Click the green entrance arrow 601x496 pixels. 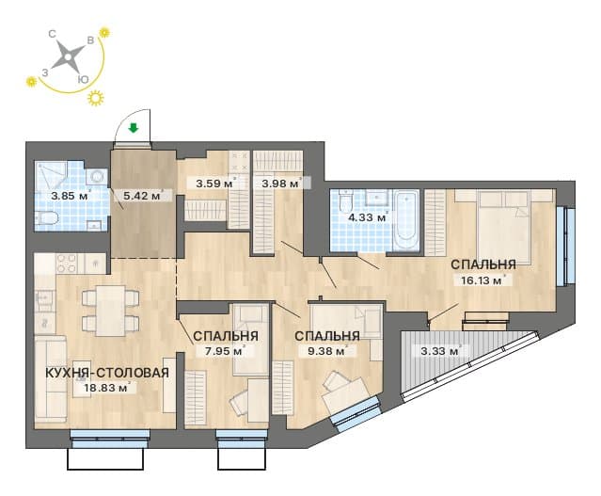133,128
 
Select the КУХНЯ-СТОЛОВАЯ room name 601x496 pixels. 107,373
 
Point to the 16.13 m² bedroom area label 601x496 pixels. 482,280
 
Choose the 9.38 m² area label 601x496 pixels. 326,351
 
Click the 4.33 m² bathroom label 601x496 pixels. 367,217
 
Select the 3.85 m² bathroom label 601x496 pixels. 71,196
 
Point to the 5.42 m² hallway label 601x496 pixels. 142,196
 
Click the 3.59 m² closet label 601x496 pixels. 214,183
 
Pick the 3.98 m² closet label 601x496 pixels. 280,183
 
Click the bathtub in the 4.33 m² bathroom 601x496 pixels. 406,221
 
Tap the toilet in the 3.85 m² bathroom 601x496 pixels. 47,218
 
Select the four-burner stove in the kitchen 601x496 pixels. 67,264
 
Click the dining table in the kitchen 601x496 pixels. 111,311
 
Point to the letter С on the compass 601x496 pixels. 52,34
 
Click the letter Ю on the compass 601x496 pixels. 83,79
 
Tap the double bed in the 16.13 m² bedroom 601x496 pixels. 504,227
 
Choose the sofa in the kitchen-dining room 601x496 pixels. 51,378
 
